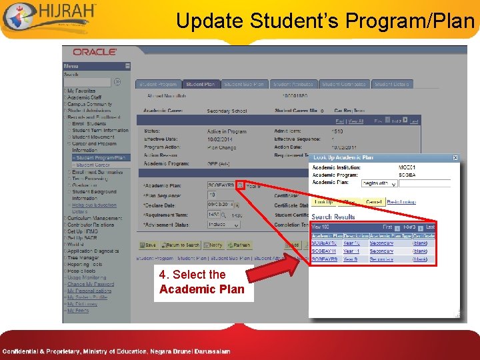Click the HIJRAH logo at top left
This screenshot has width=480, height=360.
point(50,17)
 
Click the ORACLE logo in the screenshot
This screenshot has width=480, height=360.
point(95,52)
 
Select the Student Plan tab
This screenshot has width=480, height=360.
point(200,85)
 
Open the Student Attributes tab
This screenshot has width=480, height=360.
point(293,85)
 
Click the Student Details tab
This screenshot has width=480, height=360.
point(391,85)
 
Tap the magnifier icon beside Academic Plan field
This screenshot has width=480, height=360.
point(240,185)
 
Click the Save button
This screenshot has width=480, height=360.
point(150,245)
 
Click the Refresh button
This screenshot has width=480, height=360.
point(238,245)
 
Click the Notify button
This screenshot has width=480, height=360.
point(213,245)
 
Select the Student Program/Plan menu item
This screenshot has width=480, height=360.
point(100,158)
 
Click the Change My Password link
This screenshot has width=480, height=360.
point(90,284)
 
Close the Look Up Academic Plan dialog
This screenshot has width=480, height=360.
point(455,158)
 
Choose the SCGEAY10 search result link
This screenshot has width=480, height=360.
point(325,243)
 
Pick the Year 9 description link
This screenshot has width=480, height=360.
point(351,259)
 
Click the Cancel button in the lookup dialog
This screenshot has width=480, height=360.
point(373,201)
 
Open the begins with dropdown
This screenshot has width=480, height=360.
point(379,183)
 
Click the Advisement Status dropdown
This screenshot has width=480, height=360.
point(221,225)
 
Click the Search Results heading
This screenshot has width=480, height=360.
point(333,217)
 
